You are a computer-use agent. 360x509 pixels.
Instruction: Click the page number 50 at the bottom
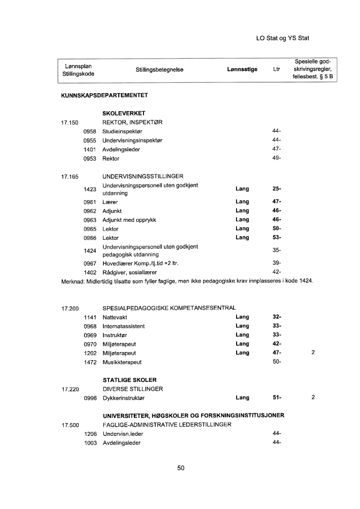click(181, 468)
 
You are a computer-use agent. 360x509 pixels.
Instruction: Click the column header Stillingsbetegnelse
click(159, 69)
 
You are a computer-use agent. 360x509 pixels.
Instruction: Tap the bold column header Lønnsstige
click(242, 69)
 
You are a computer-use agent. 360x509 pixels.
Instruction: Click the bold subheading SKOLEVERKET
click(124, 113)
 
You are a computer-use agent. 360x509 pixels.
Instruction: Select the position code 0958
click(91, 131)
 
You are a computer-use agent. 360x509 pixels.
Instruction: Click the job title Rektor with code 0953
click(111, 159)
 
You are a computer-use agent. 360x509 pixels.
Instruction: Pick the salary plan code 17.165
click(69, 176)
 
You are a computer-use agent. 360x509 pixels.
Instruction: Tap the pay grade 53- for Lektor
click(277, 238)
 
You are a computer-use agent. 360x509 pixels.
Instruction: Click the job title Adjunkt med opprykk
click(129, 220)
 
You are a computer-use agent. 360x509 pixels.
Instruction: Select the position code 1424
click(91, 251)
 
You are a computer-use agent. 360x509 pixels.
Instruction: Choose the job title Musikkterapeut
click(123, 362)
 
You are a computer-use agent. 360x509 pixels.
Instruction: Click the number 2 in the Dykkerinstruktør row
click(313, 397)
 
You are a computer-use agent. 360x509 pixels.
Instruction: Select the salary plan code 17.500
click(69, 425)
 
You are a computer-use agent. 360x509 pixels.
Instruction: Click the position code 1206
click(91, 434)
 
